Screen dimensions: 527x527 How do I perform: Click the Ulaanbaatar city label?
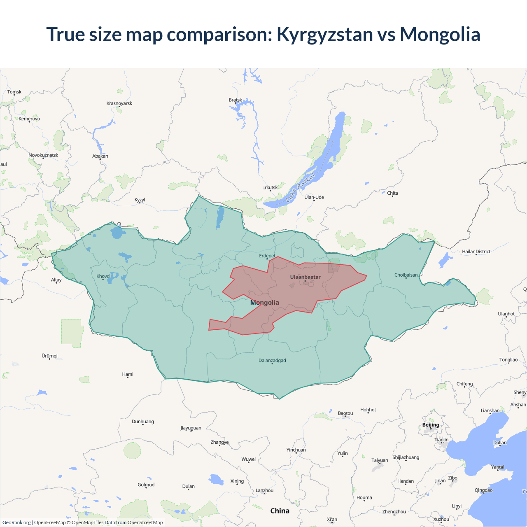click(x=305, y=277)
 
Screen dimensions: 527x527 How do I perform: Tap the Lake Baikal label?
click(x=300, y=188)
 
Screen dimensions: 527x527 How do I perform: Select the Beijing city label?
click(x=431, y=425)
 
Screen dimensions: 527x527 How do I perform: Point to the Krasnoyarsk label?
click(x=119, y=103)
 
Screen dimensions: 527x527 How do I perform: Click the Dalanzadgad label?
click(x=272, y=361)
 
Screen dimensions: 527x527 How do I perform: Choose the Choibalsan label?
click(x=406, y=275)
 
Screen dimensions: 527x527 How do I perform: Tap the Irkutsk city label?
click(x=270, y=188)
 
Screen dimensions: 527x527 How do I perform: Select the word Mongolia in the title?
click(x=440, y=34)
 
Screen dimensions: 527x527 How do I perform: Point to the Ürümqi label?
click(x=49, y=356)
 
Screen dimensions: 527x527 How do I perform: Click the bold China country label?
click(x=280, y=511)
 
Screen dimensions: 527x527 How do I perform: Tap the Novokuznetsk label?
click(x=43, y=155)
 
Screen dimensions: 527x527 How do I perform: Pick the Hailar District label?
click(x=476, y=252)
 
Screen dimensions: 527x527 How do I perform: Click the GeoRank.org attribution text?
click(x=16, y=522)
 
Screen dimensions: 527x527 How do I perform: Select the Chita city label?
click(x=392, y=193)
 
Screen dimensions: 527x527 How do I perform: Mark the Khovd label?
click(x=103, y=276)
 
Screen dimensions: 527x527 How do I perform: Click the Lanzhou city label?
click(x=264, y=490)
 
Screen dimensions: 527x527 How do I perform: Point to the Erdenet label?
click(x=267, y=256)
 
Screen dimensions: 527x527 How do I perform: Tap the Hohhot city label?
click(x=368, y=410)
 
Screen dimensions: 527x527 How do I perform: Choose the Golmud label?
click(x=146, y=485)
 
